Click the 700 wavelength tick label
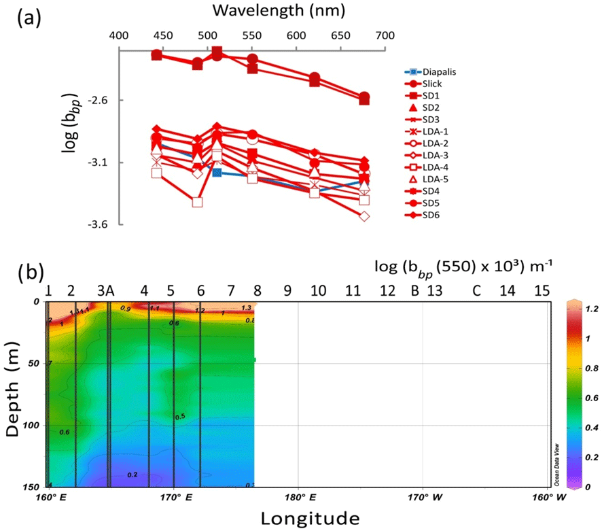(385, 35)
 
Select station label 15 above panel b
(542, 291)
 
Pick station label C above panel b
(477, 291)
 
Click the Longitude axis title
(310, 518)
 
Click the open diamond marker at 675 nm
(364, 216)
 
